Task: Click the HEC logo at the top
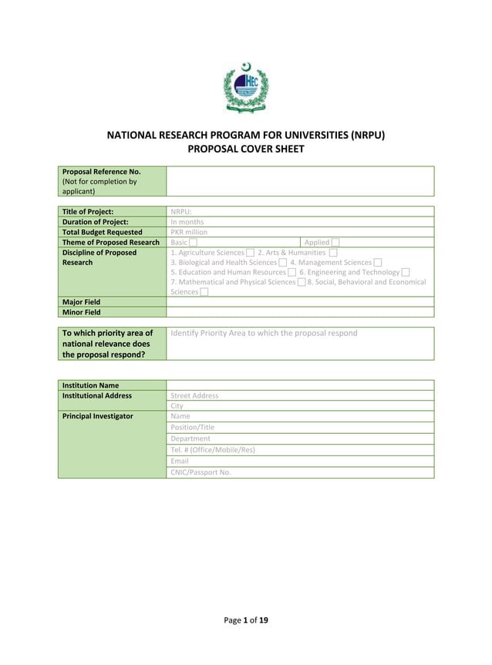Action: click(x=245, y=87)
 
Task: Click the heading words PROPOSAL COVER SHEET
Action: click(x=246, y=149)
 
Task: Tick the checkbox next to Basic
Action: click(x=193, y=243)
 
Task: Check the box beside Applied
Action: click(x=335, y=243)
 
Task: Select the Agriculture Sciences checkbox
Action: click(x=250, y=253)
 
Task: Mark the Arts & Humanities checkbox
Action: click(x=332, y=253)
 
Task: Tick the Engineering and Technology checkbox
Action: click(x=406, y=272)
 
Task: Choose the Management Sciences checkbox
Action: click(x=377, y=263)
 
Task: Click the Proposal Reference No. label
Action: click(x=101, y=172)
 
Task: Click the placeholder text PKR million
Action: click(x=189, y=232)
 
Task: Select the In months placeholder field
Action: click(x=187, y=222)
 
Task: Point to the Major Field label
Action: click(x=81, y=302)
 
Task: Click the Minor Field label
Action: click(x=81, y=312)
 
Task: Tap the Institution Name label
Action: click(x=90, y=385)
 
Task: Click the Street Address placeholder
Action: click(x=194, y=396)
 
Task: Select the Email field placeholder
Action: click(x=180, y=461)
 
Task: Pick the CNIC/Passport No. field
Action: click(x=201, y=472)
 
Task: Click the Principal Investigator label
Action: click(x=97, y=416)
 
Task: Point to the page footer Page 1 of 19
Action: click(x=246, y=620)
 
